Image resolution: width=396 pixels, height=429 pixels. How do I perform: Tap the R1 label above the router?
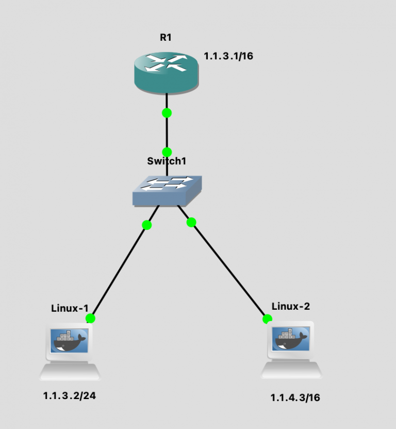pos(166,38)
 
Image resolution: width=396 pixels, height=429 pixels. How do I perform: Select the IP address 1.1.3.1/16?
pos(228,56)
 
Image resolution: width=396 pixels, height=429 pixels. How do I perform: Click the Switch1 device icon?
pos(166,190)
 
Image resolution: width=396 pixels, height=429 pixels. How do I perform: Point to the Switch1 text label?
pos(166,161)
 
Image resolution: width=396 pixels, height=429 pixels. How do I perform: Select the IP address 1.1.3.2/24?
pos(70,396)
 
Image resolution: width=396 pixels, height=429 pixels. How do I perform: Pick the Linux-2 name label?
pos(291,306)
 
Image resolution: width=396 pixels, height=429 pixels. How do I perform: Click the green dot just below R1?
pos(167,113)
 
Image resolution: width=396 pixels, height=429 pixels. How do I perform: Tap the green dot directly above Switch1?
pos(167,152)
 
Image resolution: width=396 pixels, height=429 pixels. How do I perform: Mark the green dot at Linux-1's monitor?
pos(91,318)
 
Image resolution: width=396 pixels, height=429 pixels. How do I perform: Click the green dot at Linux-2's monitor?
pos(267,319)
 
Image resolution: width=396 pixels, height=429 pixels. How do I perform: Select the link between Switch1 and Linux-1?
pos(120,269)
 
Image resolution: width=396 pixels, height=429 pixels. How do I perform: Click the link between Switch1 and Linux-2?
pos(227,268)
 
